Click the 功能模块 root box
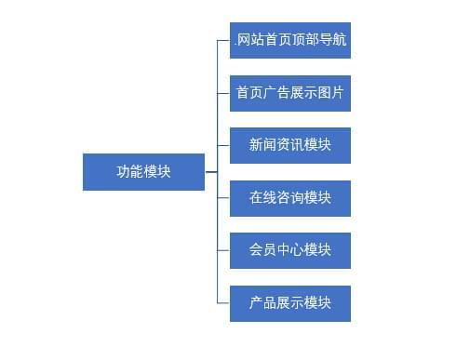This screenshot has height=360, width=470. pos(143,171)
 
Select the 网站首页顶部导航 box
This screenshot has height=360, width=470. pos(290,40)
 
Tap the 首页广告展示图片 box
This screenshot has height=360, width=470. pos(290,93)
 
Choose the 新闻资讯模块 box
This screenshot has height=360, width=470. pos(290,145)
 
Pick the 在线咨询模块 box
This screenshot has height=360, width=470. pos(290,198)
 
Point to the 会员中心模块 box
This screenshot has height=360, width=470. pos(290,250)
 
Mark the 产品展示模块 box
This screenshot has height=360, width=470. pos(290,303)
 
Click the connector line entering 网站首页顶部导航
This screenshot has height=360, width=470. pos(223,40)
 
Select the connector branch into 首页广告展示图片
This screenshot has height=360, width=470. pos(223,93)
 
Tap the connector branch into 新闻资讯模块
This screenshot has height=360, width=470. pos(223,145)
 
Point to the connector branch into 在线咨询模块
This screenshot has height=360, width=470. pos(223,198)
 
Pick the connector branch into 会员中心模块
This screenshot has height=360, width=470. pos(223,250)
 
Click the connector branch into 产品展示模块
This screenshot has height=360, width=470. pos(223,303)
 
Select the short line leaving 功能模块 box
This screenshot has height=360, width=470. pos(210,171)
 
